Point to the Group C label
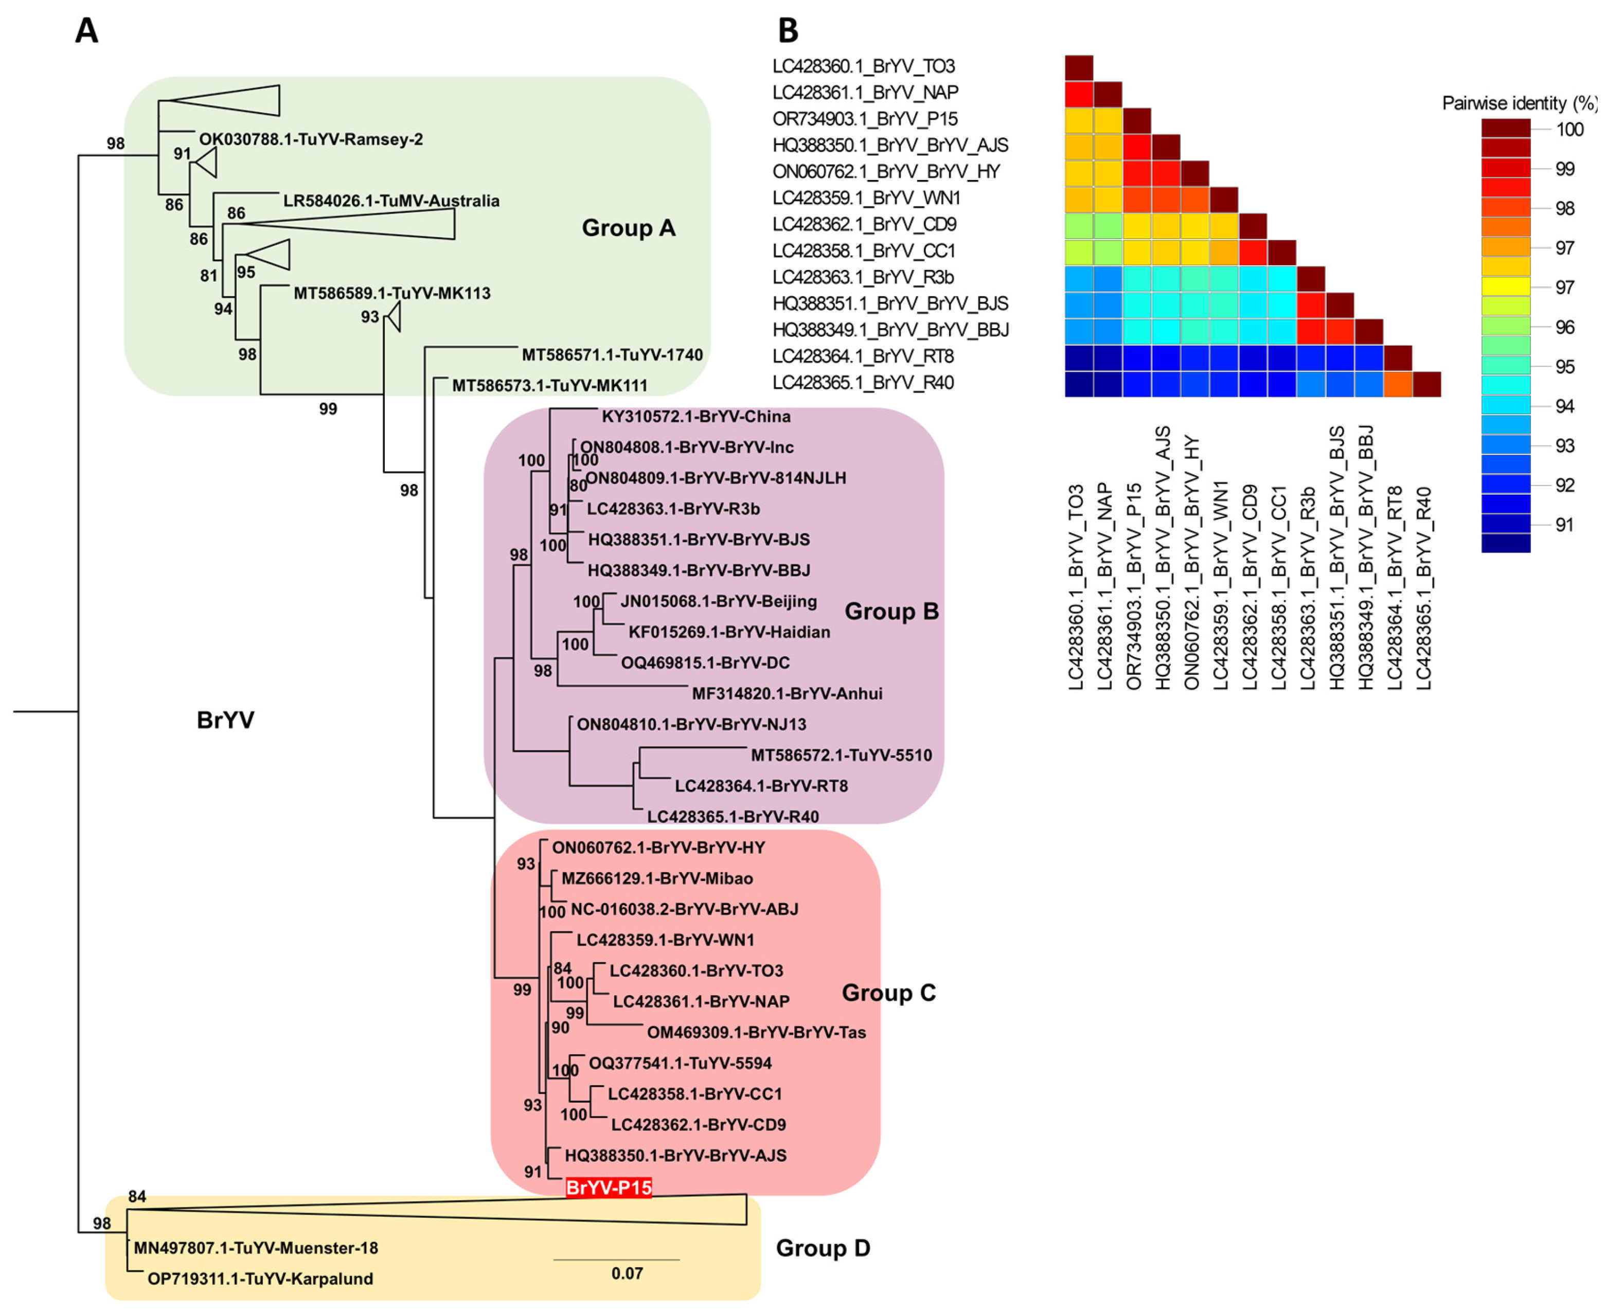pos(889,993)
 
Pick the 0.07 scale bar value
pos(627,1273)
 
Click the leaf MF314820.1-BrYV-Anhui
pos(787,694)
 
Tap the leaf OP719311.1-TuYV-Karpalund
pos(260,1279)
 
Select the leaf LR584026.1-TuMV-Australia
pos(391,201)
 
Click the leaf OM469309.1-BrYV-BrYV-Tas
pos(756,1033)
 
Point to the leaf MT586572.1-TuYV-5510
pos(841,755)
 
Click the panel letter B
pos(788,31)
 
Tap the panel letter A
pos(86,31)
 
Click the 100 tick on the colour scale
pos(1569,130)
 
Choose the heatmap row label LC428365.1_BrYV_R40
pos(863,383)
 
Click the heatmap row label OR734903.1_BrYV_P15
pos(864,119)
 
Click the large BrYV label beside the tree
pos(225,719)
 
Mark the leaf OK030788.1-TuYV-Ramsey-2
pos(311,139)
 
